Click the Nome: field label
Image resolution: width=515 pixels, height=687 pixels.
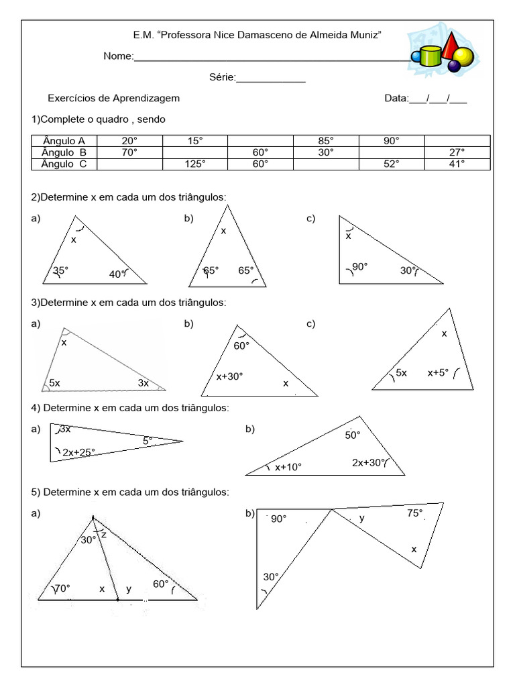pos(119,56)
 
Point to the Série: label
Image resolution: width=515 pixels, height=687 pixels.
pos(223,78)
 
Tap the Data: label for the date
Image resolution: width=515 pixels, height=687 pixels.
pos(396,98)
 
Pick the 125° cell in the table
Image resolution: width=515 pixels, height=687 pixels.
pos(194,163)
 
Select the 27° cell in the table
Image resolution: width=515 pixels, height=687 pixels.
pos(457,152)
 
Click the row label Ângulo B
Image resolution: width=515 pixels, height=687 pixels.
pos(64,152)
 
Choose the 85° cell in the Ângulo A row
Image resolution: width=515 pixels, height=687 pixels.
pos(326,141)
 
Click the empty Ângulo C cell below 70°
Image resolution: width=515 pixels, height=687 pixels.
pos(129,163)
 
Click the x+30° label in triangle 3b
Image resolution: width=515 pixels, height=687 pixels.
pos(229,376)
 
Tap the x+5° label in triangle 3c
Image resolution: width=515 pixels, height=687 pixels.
pos(438,372)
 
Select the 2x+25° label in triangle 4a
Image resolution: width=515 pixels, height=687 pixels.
pos(83,452)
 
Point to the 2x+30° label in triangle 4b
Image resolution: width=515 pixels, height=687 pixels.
pos(369,462)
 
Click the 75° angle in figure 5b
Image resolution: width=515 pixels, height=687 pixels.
pos(414,513)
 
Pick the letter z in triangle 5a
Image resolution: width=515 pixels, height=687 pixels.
pos(104,535)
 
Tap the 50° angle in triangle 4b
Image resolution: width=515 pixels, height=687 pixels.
pos(353,435)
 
